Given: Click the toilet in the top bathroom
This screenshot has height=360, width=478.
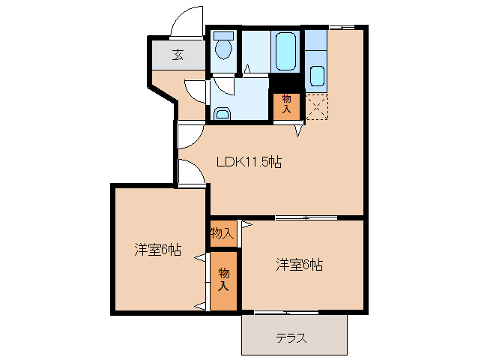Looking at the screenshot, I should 223,47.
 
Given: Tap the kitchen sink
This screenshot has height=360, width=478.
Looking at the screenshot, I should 316,76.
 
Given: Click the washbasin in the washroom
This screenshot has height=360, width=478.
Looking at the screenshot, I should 222,113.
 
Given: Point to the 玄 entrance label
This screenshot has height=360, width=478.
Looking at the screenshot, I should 178,54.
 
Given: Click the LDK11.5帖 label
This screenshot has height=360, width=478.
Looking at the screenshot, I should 248,161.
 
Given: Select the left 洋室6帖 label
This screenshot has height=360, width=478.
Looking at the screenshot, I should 157,250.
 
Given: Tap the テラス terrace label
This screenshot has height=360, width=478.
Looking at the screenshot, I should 291,337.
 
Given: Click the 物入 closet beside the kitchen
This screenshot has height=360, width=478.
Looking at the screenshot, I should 287,104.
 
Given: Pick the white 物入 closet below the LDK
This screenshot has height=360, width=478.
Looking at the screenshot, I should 222,233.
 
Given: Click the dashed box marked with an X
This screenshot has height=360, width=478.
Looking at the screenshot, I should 316,106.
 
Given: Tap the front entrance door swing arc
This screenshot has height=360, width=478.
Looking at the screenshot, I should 187,20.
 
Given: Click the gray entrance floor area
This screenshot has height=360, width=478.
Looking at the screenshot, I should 178,58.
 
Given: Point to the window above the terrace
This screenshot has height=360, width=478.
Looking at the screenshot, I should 287,311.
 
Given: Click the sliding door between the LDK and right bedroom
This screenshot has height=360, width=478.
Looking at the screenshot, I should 306,218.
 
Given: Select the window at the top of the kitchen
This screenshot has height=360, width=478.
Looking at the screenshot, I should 342,27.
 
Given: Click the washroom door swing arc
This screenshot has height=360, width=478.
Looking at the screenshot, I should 196,91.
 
